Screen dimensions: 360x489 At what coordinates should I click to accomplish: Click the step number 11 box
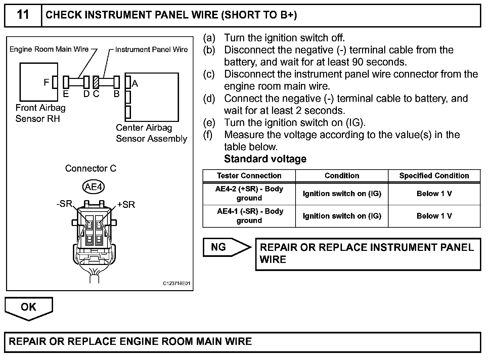(x=23, y=15)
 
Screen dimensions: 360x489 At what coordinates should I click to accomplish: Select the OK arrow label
(x=29, y=307)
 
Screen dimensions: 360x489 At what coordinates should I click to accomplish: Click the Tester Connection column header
(x=249, y=176)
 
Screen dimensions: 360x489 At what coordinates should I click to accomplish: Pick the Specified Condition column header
(x=434, y=176)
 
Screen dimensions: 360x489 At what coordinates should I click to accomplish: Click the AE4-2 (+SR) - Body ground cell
(x=249, y=193)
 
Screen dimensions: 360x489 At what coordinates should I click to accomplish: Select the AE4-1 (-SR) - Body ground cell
(x=249, y=216)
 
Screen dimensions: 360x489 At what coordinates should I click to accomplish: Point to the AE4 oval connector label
(x=93, y=187)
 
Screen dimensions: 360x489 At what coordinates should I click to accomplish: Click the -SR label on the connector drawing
(x=64, y=204)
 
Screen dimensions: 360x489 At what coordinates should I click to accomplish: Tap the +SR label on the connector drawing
(x=126, y=205)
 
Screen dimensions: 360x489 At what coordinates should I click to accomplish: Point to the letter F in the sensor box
(x=46, y=82)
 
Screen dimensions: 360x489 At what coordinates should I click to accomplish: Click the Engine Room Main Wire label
(x=49, y=49)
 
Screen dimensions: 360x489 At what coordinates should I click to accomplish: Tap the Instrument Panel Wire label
(x=151, y=49)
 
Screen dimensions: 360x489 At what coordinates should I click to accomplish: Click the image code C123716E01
(x=177, y=283)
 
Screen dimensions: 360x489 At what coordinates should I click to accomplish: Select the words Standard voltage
(x=265, y=159)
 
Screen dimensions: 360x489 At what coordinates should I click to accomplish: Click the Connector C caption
(x=91, y=168)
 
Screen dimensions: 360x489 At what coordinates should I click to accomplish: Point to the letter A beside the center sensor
(x=135, y=83)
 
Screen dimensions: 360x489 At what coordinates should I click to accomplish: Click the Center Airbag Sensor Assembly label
(x=151, y=133)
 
